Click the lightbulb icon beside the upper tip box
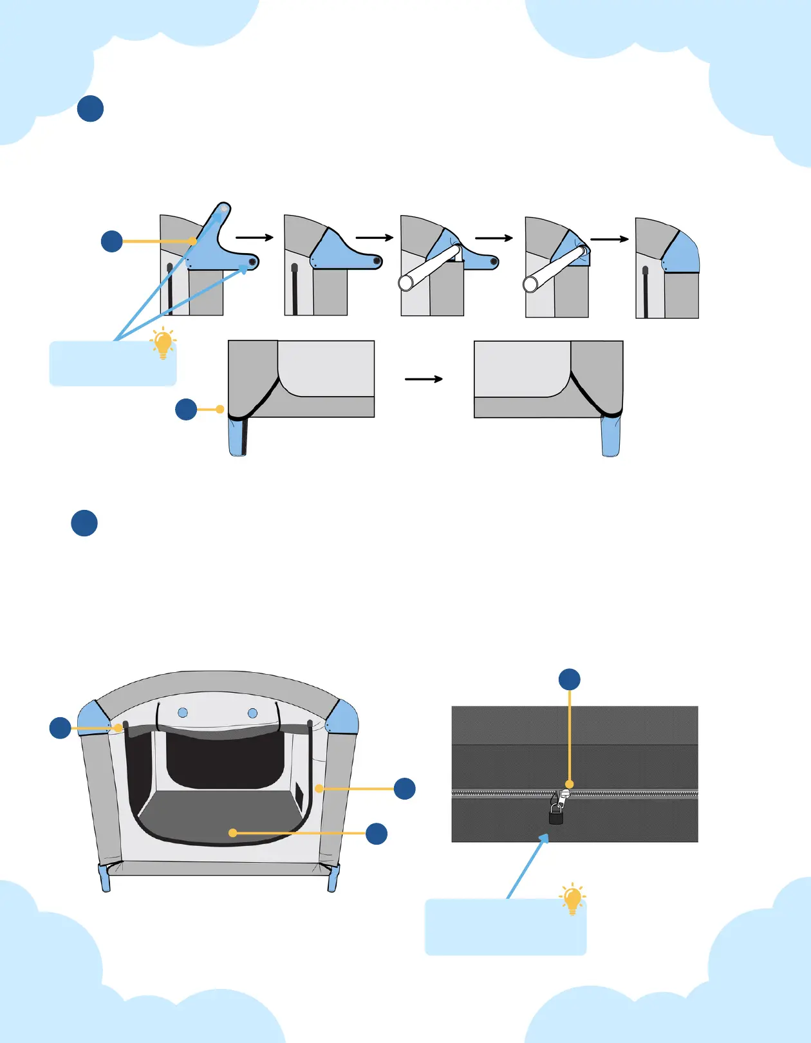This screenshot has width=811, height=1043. tap(163, 343)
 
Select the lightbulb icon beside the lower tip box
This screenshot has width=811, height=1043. tap(572, 899)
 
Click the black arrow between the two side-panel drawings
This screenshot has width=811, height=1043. tap(424, 379)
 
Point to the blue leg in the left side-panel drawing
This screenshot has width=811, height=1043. tap(238, 437)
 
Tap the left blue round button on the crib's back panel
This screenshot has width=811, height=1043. tap(183, 713)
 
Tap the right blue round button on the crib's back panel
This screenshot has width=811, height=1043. tap(253, 713)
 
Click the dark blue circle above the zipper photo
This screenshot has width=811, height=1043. tap(570, 679)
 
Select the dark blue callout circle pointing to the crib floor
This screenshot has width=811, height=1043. tap(377, 834)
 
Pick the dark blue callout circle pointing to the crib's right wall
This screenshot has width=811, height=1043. tap(405, 789)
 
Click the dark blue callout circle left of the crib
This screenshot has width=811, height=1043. tap(61, 728)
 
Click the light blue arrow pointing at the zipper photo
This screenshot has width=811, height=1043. tap(527, 866)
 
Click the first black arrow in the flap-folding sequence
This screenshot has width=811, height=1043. tap(255, 238)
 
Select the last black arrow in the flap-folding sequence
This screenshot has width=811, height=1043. tap(609, 239)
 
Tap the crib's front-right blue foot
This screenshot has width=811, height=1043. tap(333, 879)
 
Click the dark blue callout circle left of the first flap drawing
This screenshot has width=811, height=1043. tap(112, 241)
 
